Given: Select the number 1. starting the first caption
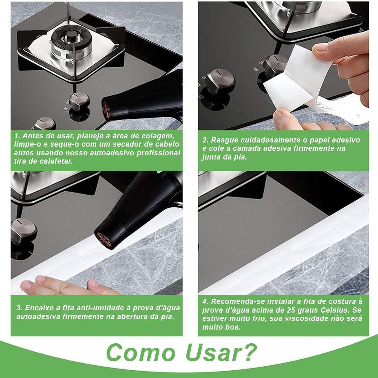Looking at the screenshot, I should point(17,136).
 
